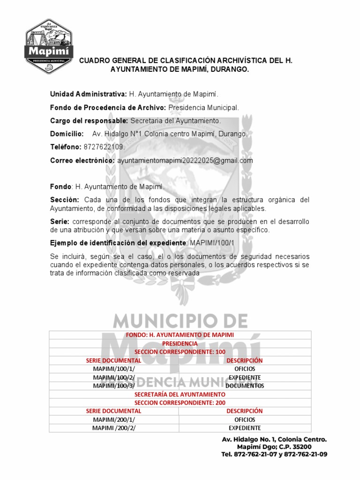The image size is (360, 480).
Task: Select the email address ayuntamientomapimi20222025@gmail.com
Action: (185, 160)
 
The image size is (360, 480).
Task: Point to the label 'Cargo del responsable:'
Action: (89, 121)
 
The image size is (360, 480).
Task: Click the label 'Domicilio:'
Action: (67, 134)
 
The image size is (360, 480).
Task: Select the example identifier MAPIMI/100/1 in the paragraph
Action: (212, 243)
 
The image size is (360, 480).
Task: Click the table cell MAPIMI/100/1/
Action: (114, 369)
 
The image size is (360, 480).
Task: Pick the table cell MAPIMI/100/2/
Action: (114, 377)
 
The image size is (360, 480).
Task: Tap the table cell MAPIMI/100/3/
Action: (114, 386)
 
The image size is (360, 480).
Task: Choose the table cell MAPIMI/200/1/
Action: (114, 420)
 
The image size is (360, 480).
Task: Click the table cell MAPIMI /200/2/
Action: (114, 428)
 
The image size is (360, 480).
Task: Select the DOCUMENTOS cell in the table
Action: (245, 386)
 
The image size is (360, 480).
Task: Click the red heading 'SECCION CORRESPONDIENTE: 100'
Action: (180, 352)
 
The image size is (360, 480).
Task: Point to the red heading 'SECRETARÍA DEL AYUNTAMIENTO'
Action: (180, 394)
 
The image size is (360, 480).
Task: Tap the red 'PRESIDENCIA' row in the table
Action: (180, 343)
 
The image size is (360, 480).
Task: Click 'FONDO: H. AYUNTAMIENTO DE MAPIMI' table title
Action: (180, 335)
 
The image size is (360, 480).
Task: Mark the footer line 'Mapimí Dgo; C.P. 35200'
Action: (274, 447)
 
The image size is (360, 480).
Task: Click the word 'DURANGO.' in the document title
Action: (230, 69)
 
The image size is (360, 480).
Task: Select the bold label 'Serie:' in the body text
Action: (60, 221)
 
